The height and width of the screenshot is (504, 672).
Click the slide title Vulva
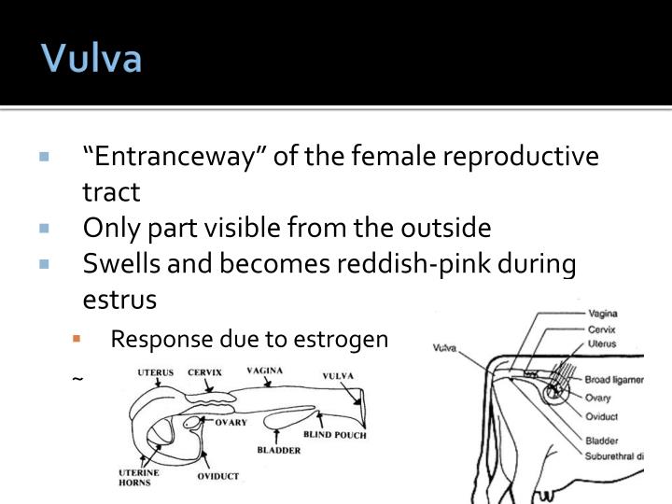[91, 59]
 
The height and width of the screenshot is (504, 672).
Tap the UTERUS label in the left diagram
[155, 373]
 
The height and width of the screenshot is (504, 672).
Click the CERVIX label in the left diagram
[204, 373]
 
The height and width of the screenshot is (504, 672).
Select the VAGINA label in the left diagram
[265, 371]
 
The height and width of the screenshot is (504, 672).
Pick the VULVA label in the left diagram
[339, 377]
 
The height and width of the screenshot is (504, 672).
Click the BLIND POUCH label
[335, 435]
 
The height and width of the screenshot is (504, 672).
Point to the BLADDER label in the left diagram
[279, 450]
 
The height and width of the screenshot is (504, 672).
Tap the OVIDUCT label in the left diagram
[217, 476]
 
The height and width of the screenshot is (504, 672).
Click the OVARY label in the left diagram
[231, 422]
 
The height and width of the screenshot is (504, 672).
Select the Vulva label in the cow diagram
[445, 349]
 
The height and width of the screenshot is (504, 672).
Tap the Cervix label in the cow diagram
[602, 329]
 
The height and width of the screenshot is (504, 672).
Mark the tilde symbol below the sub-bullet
[77, 380]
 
